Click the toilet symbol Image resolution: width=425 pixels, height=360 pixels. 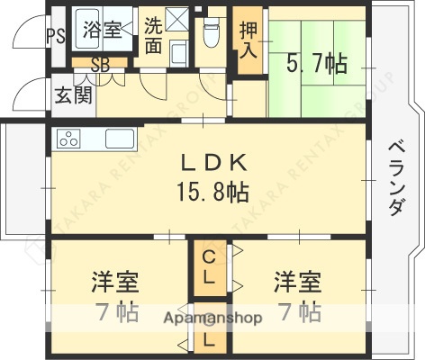(212, 33)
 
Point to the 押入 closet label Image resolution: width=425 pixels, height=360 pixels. (247, 40)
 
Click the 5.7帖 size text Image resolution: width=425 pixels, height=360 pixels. (318, 63)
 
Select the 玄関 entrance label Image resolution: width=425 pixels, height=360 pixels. (72, 95)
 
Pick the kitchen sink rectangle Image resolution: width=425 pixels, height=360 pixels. (120, 139)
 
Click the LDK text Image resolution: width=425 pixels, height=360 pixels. (212, 164)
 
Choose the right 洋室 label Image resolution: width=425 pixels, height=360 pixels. (298, 282)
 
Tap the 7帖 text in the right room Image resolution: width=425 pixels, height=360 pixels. (298, 312)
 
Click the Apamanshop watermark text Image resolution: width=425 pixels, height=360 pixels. (212, 319)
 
